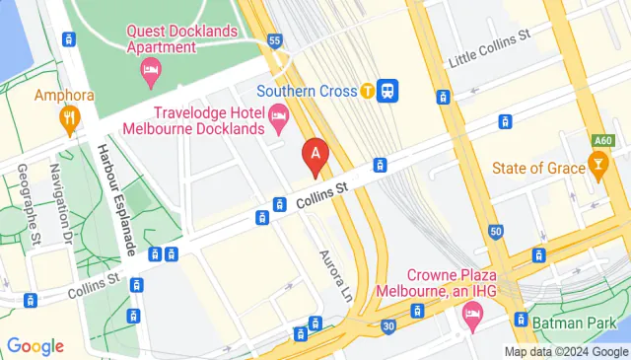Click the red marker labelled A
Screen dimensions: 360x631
point(315,155)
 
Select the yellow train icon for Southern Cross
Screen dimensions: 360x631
point(368,91)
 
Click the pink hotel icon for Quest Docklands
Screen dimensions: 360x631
point(151,69)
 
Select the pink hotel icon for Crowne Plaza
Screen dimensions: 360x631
point(470,316)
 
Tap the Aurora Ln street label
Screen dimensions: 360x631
point(333,276)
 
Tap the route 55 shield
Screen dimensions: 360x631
point(274,40)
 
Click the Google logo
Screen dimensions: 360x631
point(35,345)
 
